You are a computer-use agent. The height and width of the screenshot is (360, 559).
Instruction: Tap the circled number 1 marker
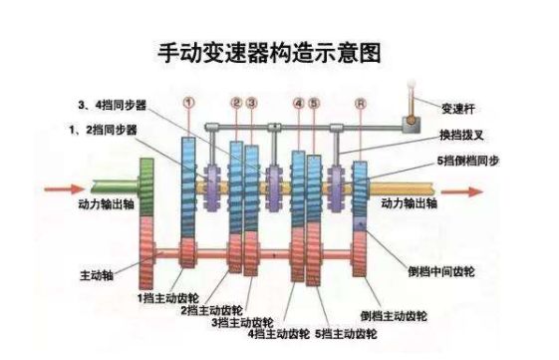point(188,102)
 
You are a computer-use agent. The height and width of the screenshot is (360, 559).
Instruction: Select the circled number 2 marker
point(236,102)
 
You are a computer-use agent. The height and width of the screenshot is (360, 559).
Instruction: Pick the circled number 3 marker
point(251,102)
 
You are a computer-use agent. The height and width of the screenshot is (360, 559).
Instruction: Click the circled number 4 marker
point(298,102)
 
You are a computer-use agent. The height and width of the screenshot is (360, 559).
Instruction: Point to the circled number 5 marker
point(313,102)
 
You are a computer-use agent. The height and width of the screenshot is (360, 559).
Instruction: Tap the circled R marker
point(359,102)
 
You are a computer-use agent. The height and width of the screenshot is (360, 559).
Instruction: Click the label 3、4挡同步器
point(112,104)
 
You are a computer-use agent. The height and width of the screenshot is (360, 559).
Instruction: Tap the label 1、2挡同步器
point(102,130)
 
